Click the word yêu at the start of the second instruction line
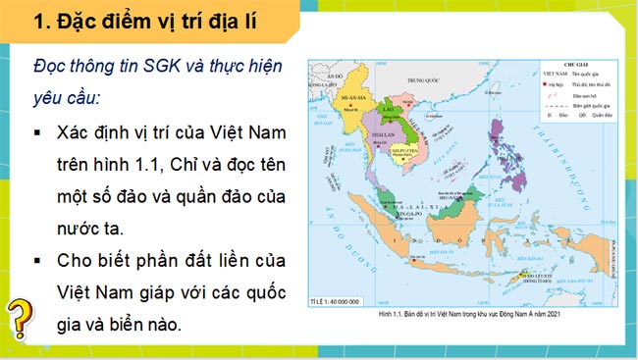point(50,99)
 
